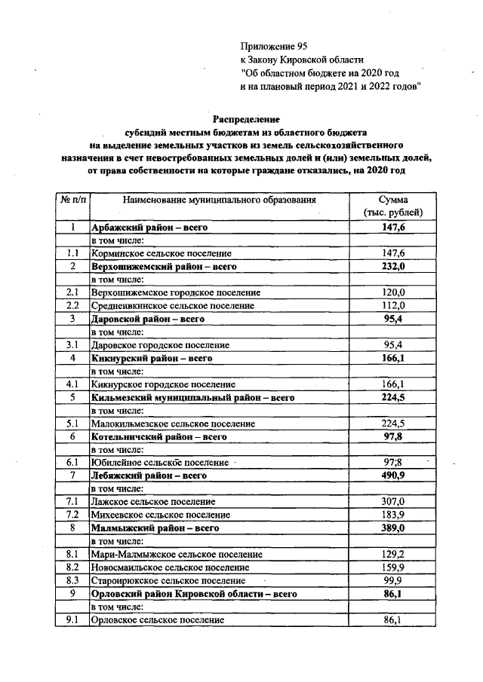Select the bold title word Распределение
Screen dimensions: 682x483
246,119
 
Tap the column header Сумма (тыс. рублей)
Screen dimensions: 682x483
394,206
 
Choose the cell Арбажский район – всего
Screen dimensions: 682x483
149,227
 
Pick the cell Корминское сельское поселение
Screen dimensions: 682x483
161,253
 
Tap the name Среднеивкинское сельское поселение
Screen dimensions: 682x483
172,305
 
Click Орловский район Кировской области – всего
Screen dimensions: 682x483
193,593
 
